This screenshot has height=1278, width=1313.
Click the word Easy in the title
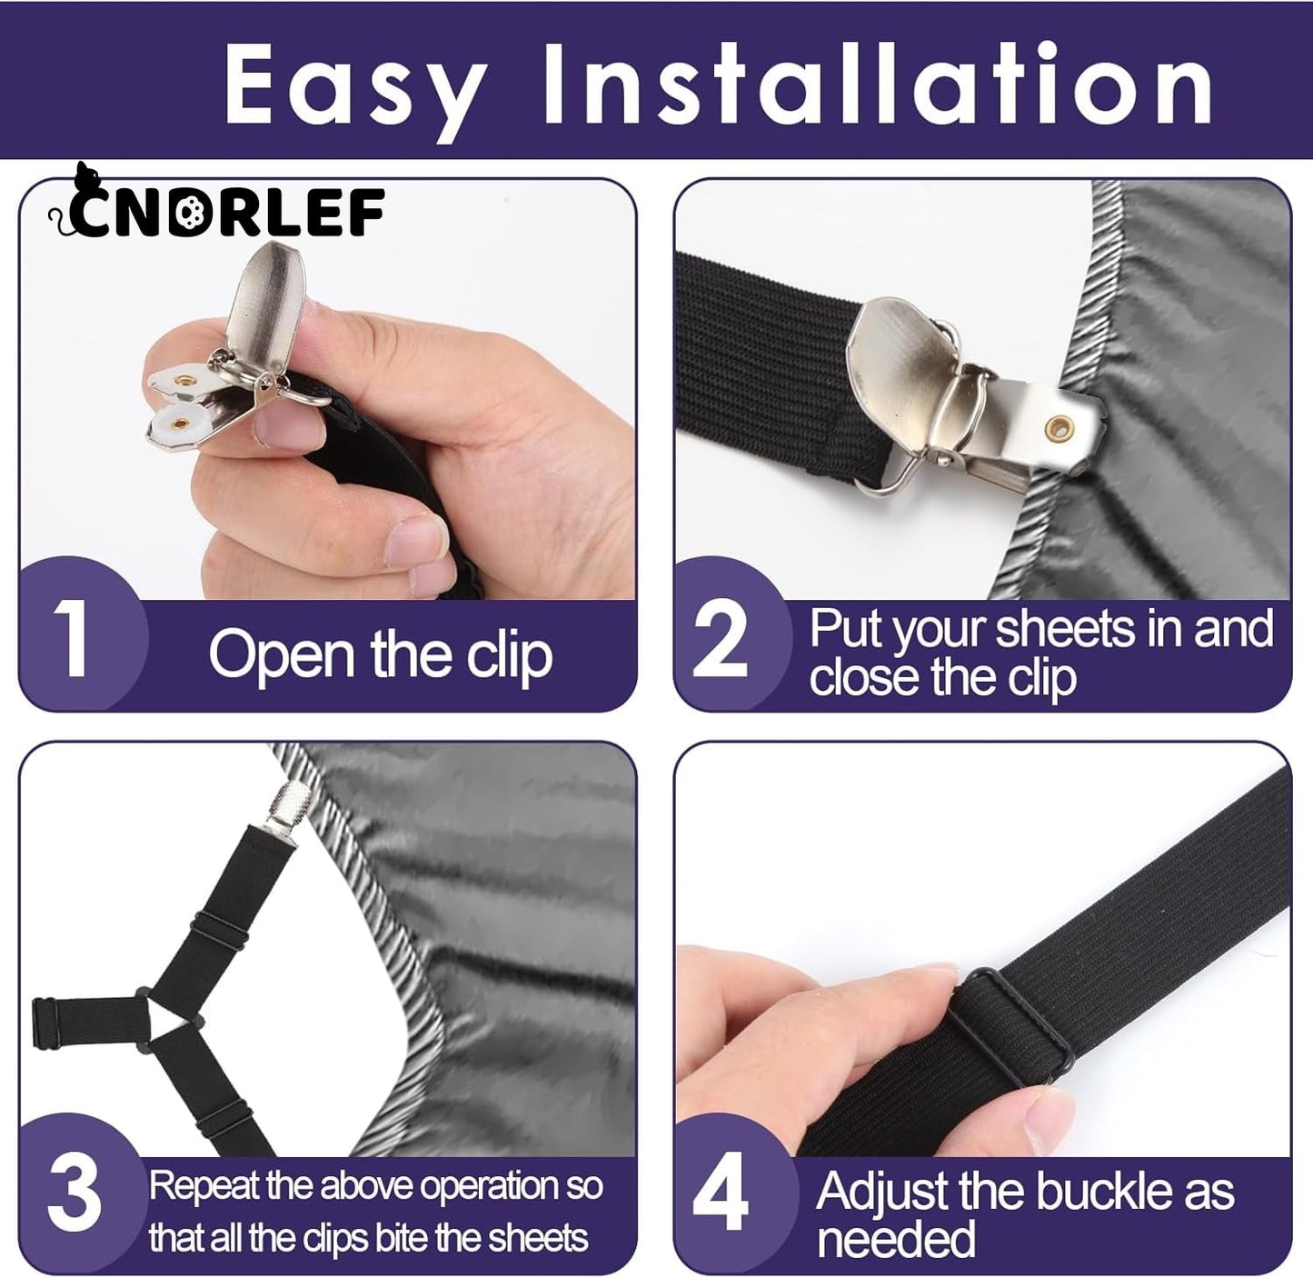pyautogui.click(x=354, y=84)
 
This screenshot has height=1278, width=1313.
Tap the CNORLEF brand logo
pyautogui.click(x=218, y=211)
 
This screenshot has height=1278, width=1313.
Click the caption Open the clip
pyautogui.click(x=380, y=654)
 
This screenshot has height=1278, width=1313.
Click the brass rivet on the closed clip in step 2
pyautogui.click(x=1057, y=425)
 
